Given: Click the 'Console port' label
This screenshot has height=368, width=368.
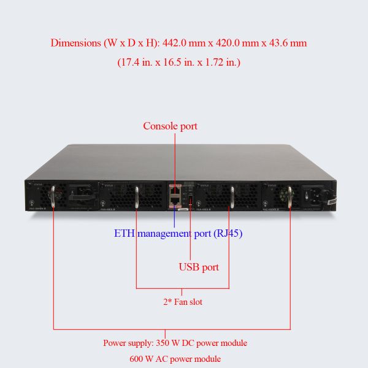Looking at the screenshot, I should pyautogui.click(x=170, y=126).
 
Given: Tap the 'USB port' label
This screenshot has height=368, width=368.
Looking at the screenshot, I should pyautogui.click(x=198, y=267).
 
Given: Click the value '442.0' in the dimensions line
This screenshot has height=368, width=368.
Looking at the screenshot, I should pyautogui.click(x=176, y=44).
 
